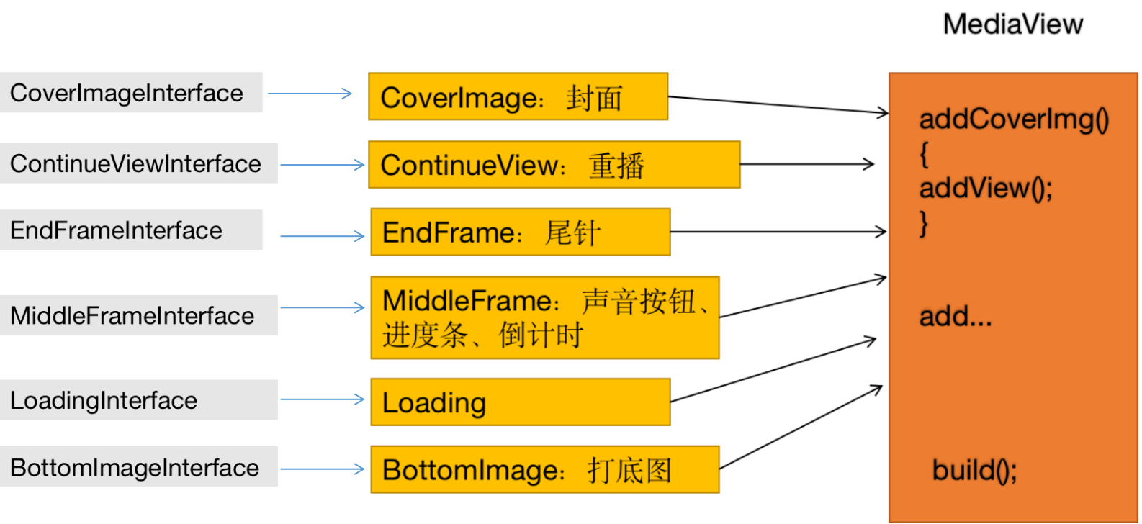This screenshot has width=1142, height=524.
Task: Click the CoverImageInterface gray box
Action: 131,93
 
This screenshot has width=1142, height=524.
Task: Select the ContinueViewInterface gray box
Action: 138,163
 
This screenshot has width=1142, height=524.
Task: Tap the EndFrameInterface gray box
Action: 131,230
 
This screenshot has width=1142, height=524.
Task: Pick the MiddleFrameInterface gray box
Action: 138,315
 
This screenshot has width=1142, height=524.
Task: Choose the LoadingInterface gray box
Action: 138,400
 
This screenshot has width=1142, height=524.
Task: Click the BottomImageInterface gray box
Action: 138,467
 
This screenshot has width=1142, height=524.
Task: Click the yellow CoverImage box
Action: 518,96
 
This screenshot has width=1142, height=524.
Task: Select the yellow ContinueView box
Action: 554,165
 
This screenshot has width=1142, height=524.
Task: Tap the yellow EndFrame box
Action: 520,232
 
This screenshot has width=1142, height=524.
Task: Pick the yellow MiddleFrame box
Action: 544,317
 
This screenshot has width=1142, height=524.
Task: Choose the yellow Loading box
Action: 520,402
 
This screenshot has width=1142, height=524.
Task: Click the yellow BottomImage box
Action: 544,469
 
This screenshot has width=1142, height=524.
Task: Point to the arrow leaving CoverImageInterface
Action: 310,94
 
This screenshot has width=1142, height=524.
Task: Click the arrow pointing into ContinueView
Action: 322,165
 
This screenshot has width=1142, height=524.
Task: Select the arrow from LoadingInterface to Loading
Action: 322,399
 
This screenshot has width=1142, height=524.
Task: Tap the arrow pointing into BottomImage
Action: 322,469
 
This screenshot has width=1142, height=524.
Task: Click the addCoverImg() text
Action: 1014,119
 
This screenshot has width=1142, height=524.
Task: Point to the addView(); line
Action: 985,188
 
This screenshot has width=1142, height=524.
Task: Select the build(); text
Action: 974,470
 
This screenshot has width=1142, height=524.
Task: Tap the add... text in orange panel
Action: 955,316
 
